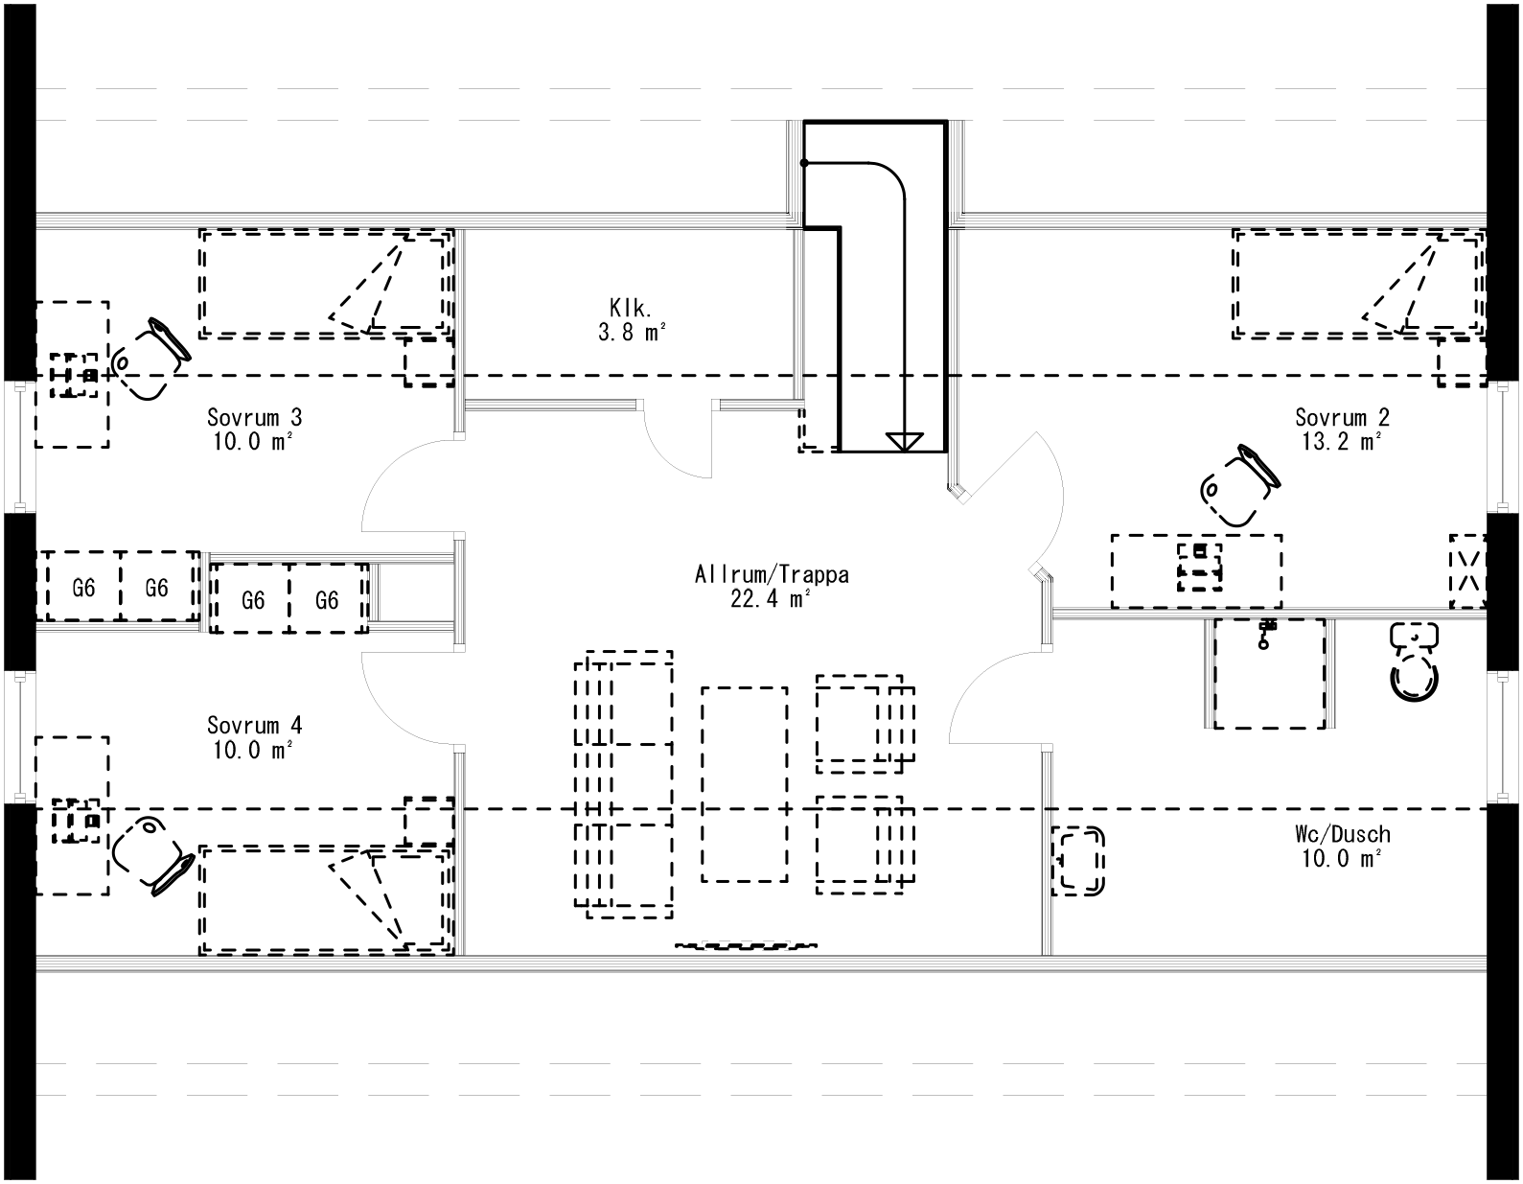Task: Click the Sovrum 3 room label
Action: [254, 418]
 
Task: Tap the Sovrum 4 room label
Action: [254, 726]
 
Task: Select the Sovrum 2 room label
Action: [1341, 418]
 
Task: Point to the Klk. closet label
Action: [630, 309]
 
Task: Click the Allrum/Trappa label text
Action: [772, 575]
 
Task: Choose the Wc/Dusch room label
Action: [1341, 835]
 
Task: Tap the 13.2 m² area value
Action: [1341, 442]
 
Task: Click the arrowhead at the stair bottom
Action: [903, 441]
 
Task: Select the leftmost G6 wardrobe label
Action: [83, 589]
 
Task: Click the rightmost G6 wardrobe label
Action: [327, 601]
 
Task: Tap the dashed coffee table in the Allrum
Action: [745, 784]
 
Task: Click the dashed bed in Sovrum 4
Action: [324, 901]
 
